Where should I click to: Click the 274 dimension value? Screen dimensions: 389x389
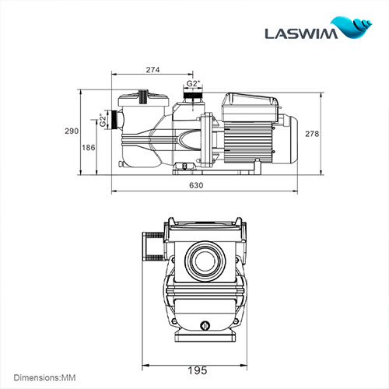[x=152, y=70]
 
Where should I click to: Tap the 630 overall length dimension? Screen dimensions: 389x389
[x=196, y=185]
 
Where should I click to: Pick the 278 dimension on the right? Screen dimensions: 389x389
[x=313, y=133]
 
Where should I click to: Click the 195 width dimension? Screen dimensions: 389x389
[x=200, y=372]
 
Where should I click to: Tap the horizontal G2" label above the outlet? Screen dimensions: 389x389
[x=194, y=83]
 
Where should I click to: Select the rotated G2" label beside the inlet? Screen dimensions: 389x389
[x=103, y=121]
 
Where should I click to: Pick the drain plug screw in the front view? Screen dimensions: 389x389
[x=205, y=327]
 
